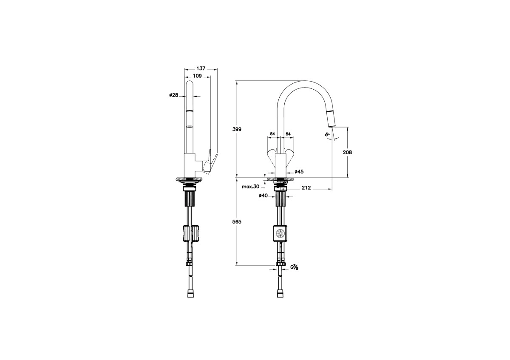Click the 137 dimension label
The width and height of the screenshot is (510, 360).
point(201,68)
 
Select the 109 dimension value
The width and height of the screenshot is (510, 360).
point(197,76)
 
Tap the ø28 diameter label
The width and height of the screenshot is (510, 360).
point(174,95)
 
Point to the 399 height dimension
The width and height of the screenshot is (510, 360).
point(237,129)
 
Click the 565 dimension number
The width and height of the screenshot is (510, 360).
point(237,221)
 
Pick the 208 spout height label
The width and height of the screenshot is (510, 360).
point(348,152)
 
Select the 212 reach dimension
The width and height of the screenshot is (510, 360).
point(306,187)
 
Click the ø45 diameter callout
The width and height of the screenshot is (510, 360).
point(299,172)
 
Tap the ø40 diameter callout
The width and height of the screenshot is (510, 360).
point(263,196)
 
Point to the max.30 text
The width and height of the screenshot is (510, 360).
point(250,187)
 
